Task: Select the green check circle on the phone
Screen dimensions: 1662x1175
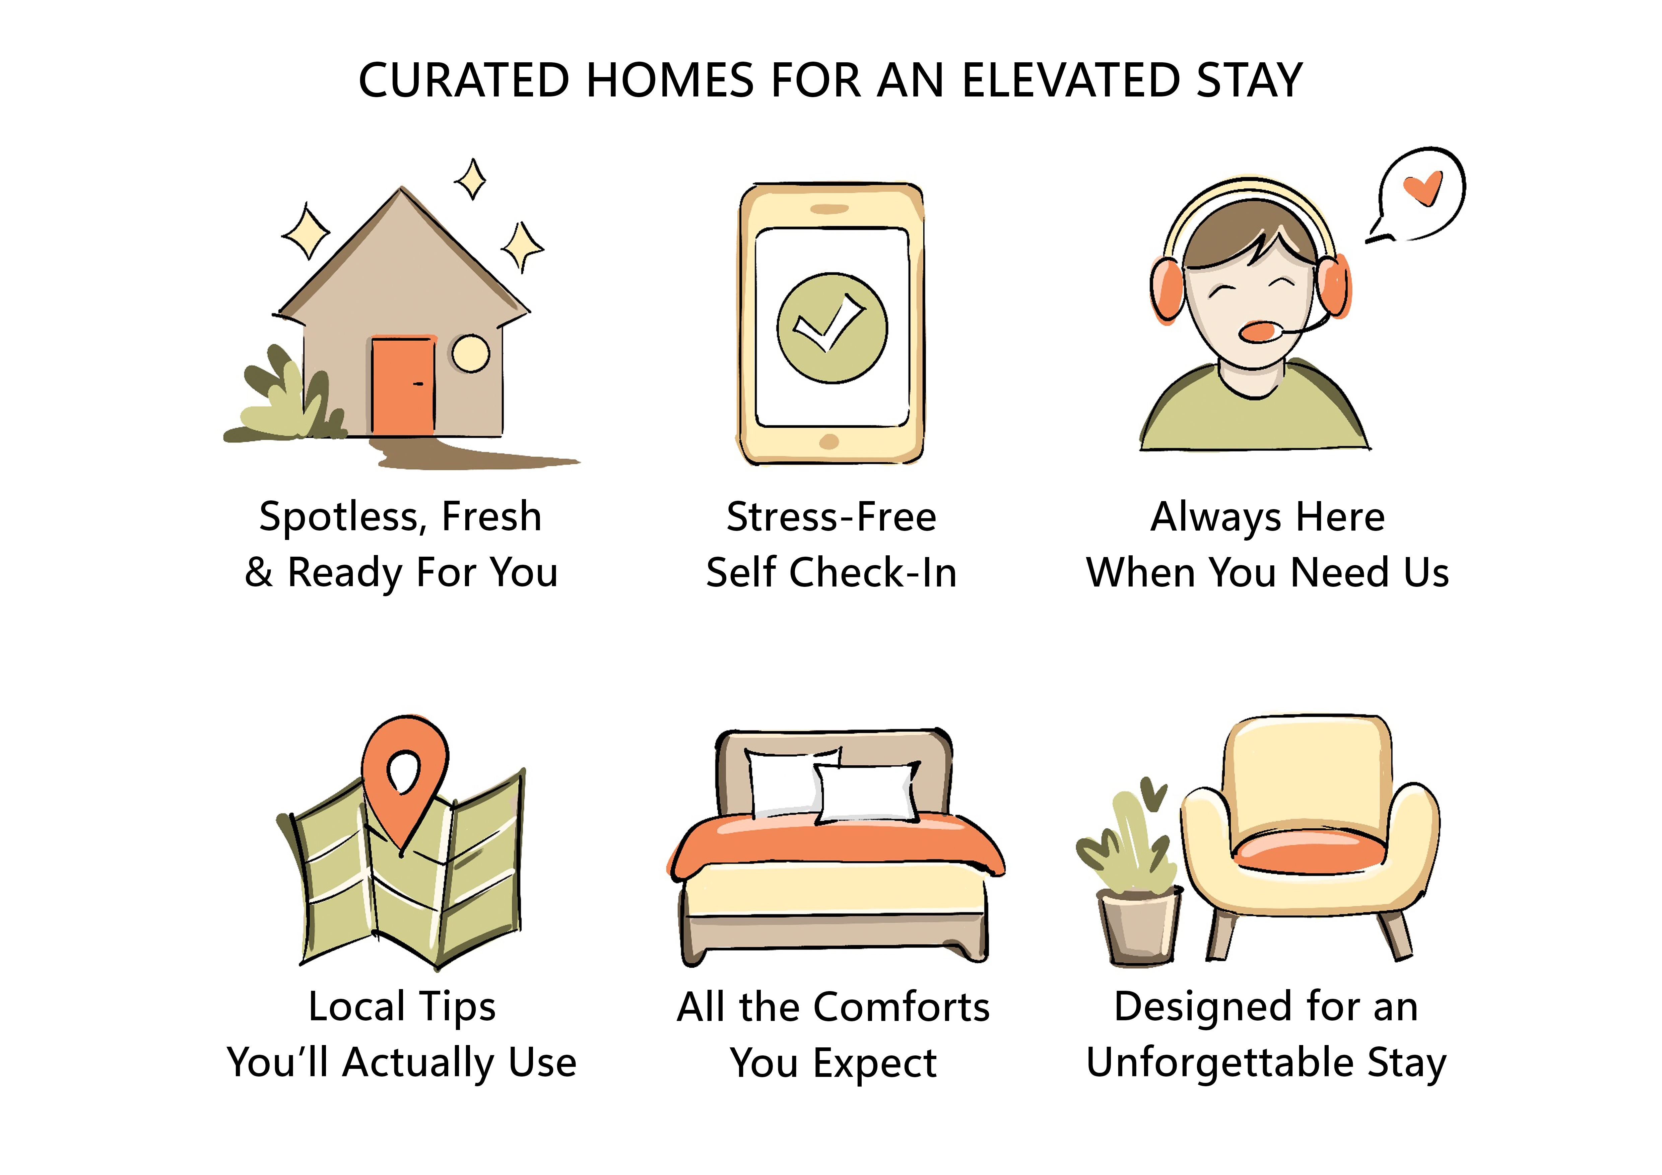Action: pos(832,328)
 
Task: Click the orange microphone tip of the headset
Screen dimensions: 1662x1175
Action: pos(1260,331)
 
